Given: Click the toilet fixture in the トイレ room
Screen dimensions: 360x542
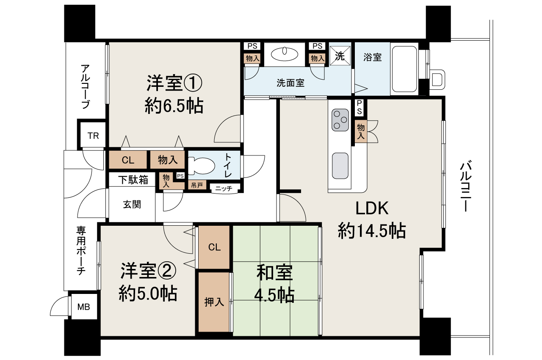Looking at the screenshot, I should pyautogui.click(x=199, y=165).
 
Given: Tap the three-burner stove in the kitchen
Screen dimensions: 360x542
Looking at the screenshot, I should pyautogui.click(x=340, y=119).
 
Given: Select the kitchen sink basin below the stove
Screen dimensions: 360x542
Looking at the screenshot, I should pyautogui.click(x=340, y=166).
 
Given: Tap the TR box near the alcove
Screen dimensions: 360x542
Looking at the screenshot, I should pyautogui.click(x=93, y=136).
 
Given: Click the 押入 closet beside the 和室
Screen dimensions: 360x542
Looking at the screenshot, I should pyautogui.click(x=214, y=302).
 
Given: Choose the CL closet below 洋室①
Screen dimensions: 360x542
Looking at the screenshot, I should pyautogui.click(x=128, y=160).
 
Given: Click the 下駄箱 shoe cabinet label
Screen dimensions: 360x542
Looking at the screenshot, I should pyautogui.click(x=133, y=180).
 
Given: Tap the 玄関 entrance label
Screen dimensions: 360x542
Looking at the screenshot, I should pyautogui.click(x=132, y=205).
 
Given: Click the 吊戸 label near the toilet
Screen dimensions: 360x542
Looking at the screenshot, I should pyautogui.click(x=197, y=185).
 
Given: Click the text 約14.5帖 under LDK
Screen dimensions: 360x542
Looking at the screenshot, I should pyautogui.click(x=372, y=231).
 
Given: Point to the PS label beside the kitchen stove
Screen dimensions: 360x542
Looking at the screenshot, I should pyautogui.click(x=359, y=108).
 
